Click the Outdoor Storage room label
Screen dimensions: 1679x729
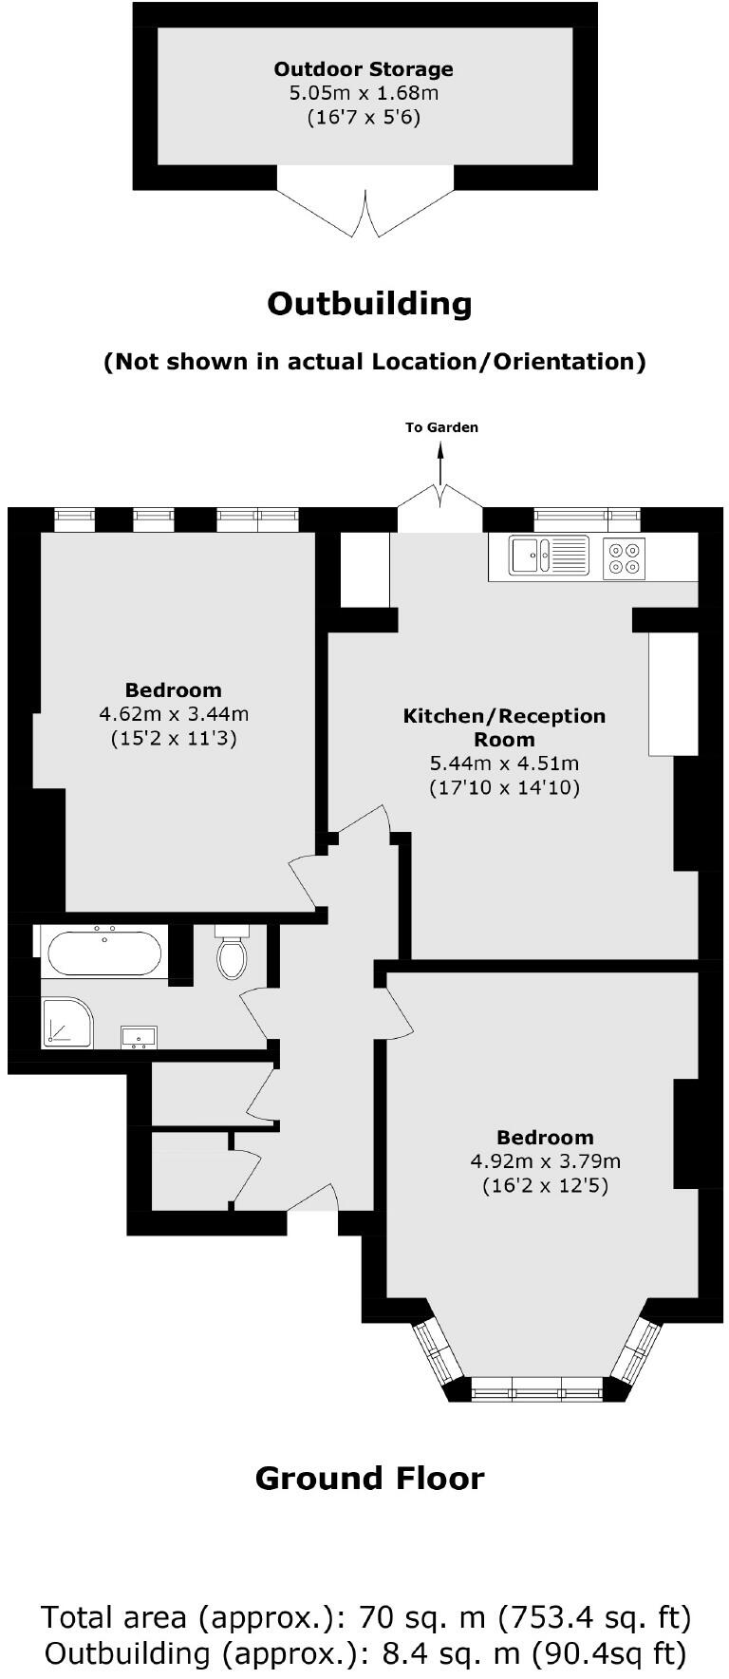pyautogui.click(x=364, y=69)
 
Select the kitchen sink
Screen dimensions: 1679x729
pyautogui.click(x=548, y=556)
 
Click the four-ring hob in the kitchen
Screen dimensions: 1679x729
pyautogui.click(x=624, y=557)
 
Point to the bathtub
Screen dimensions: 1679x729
pyautogui.click(x=104, y=953)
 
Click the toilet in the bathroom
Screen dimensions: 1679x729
pyautogui.click(x=232, y=954)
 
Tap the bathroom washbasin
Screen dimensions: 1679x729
pyautogui.click(x=139, y=1036)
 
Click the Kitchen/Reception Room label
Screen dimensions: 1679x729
pyautogui.click(x=504, y=727)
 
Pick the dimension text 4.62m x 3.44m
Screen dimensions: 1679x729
pyautogui.click(x=174, y=713)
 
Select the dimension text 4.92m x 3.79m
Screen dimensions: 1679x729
pyautogui.click(x=545, y=1160)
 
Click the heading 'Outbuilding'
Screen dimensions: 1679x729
pyautogui.click(x=369, y=304)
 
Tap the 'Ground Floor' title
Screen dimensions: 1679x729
pyautogui.click(x=369, y=1478)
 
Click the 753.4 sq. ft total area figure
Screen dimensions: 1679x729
pyautogui.click(x=595, y=1615)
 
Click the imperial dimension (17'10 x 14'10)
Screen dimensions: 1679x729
pyautogui.click(x=504, y=787)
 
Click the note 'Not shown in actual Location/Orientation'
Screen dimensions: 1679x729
pyautogui.click(x=374, y=362)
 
